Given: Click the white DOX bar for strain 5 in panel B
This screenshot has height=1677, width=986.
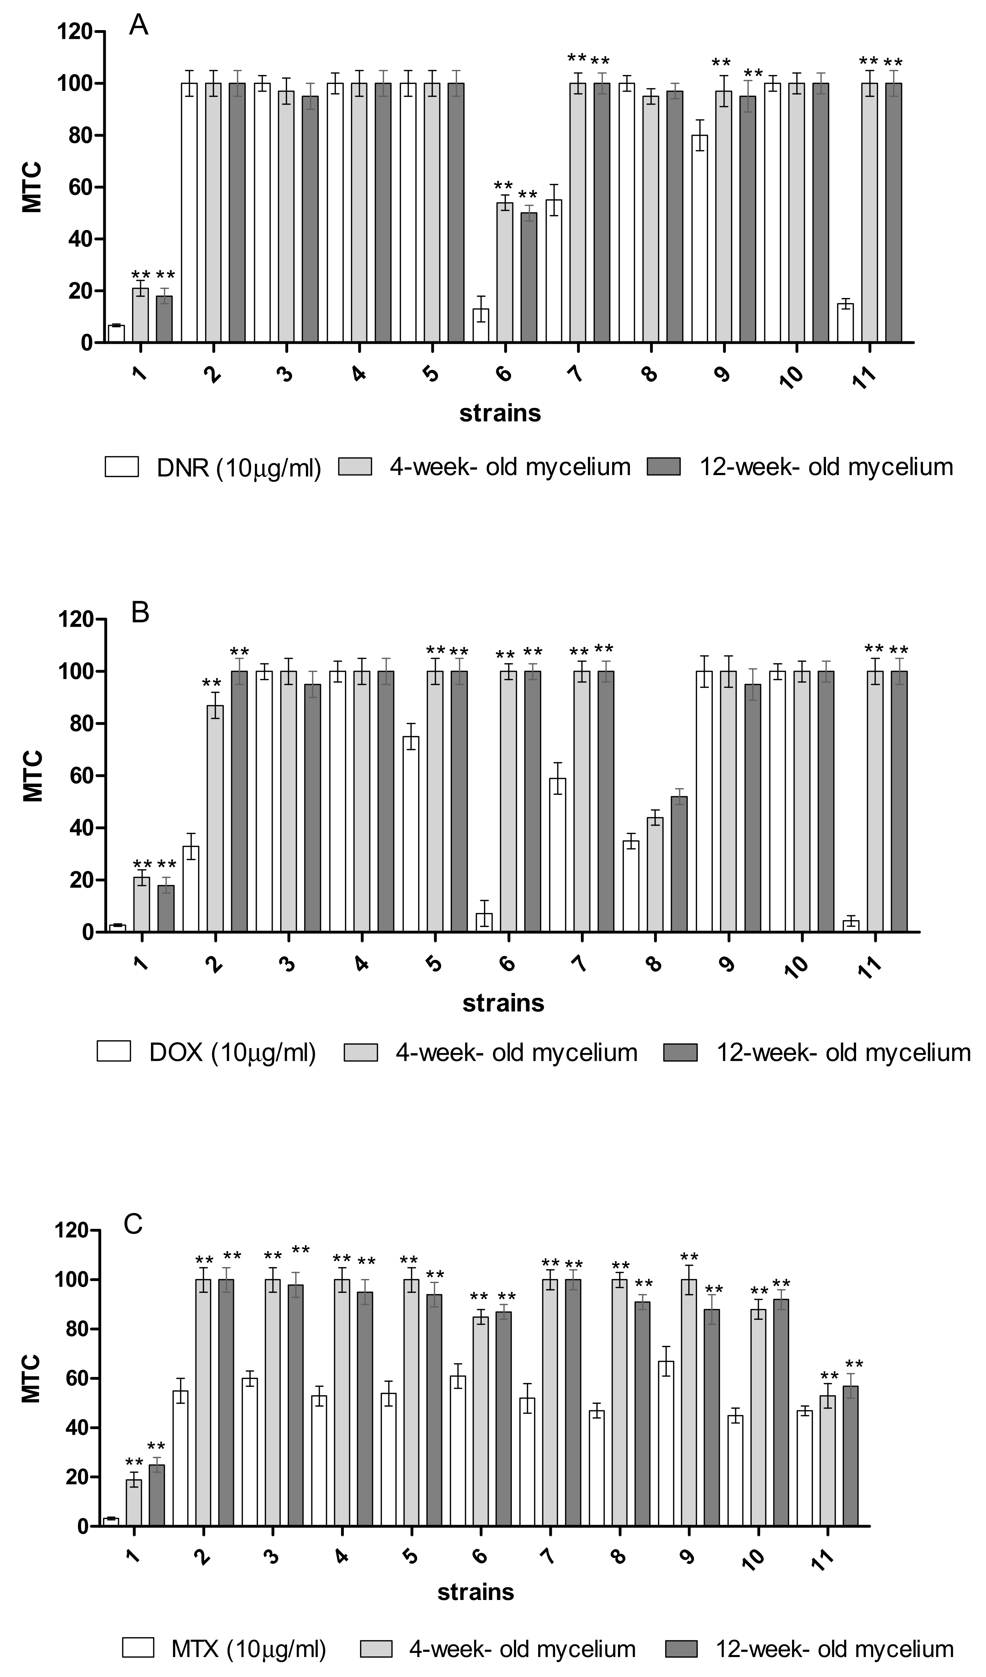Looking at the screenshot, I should pyautogui.click(x=411, y=835).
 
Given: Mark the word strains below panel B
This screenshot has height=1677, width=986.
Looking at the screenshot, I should pyautogui.click(x=503, y=1002).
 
